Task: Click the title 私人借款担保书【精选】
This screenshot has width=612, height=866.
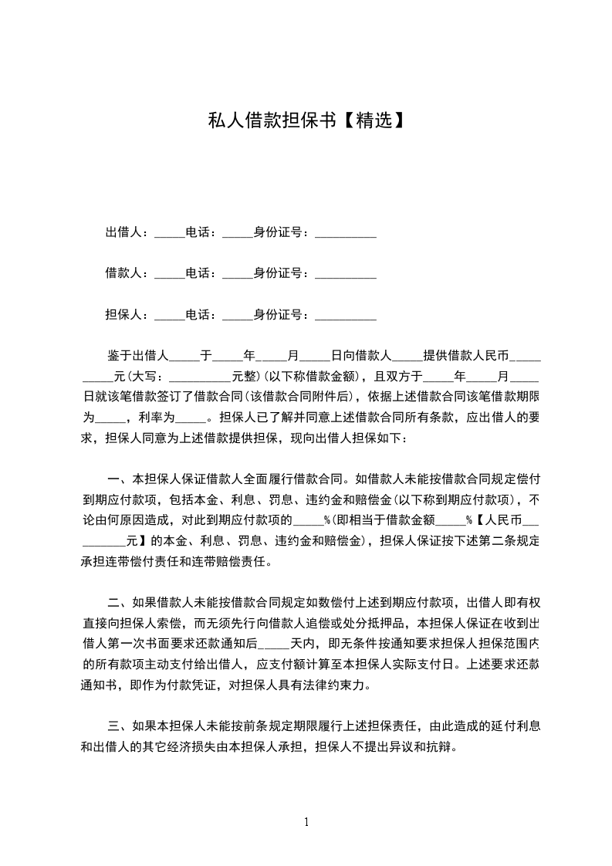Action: [x=306, y=120]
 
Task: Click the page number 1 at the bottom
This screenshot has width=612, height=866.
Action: [x=306, y=821]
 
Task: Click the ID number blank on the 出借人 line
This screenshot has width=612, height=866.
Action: [x=346, y=234]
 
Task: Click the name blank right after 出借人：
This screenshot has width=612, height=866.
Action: [x=170, y=234]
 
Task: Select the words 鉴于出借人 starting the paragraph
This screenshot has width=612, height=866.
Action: [x=137, y=356]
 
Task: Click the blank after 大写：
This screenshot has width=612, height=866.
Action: [x=199, y=377]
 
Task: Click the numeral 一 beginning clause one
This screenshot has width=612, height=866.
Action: [x=112, y=476]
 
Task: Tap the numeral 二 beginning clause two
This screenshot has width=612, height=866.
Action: [x=112, y=602]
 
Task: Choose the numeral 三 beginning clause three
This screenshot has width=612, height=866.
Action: [x=112, y=726]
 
